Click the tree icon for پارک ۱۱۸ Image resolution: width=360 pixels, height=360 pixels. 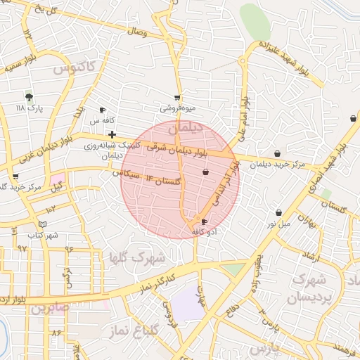coord(29,97)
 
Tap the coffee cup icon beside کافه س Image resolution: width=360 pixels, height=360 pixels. coord(102,110)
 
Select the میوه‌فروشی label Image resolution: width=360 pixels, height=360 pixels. coord(176,108)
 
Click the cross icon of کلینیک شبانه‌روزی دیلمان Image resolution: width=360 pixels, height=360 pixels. coord(112,134)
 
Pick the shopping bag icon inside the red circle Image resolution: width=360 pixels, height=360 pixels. coord(205,172)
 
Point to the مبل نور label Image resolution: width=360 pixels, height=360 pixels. coord(278,224)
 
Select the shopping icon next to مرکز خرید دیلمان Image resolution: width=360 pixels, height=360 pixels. coord(277,153)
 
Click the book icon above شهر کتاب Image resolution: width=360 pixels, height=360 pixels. coord(43,224)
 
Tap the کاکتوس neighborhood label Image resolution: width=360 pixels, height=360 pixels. coord(74,68)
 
